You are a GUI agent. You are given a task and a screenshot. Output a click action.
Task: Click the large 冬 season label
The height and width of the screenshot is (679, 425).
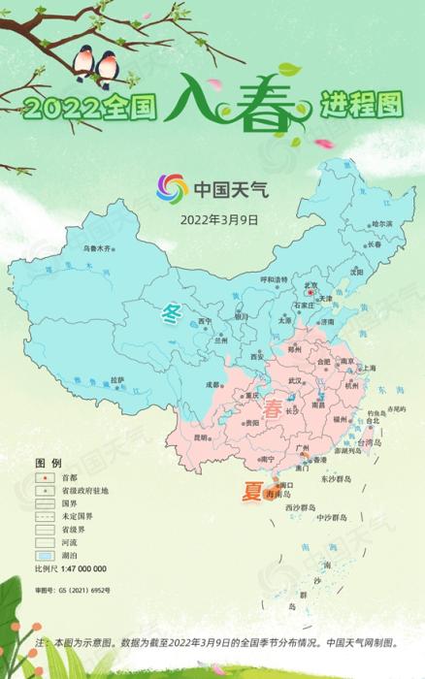174,313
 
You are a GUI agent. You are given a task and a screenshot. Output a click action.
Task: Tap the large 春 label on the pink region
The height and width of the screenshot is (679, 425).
278,406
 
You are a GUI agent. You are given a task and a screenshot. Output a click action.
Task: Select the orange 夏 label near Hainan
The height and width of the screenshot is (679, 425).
251,494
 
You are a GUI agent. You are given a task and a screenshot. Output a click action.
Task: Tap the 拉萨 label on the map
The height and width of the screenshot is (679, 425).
116,379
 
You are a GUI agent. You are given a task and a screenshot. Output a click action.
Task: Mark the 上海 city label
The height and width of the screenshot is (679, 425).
369,369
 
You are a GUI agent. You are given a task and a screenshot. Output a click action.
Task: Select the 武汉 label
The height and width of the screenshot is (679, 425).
294,381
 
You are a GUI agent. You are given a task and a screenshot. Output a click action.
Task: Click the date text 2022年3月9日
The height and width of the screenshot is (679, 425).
219,220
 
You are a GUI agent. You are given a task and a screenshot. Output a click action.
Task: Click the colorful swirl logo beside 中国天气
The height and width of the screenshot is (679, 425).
174,188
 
